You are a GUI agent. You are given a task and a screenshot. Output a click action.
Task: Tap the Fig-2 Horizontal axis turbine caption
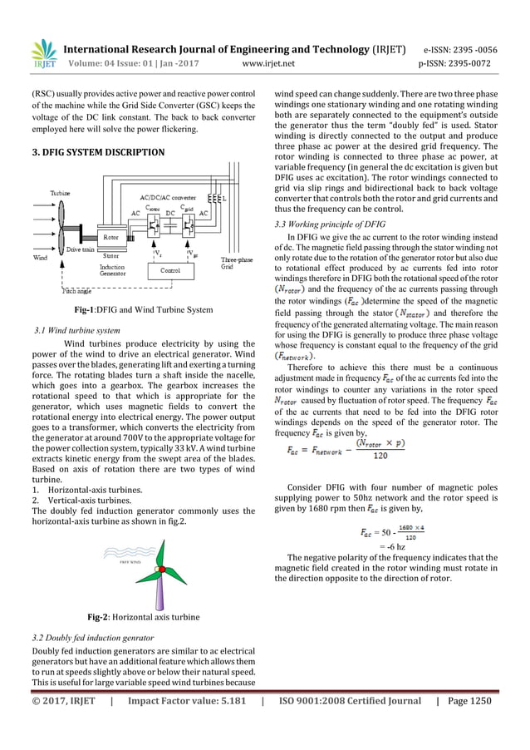(x=143, y=618)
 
